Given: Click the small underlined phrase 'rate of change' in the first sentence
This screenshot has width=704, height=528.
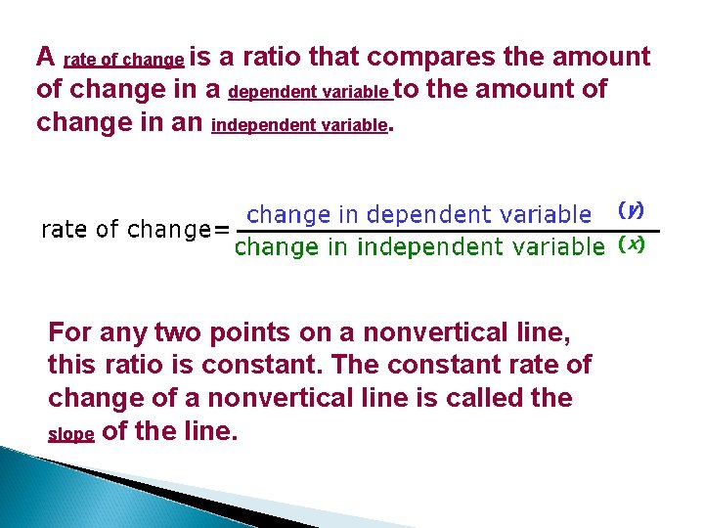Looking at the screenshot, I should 123,61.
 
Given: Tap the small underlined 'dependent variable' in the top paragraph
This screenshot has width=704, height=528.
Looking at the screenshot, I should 309,93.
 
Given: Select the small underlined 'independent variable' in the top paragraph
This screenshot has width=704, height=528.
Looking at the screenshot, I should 299,126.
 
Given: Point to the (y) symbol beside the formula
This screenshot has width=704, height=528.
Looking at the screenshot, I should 631,210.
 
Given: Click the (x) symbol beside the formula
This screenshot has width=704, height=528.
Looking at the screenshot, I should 631,244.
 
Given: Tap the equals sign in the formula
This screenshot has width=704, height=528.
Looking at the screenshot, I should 222,230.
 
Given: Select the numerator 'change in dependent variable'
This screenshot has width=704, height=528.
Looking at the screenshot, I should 418,213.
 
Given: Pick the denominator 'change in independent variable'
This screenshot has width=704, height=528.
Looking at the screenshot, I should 419,247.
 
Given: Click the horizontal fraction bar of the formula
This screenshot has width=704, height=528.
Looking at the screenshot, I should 440,231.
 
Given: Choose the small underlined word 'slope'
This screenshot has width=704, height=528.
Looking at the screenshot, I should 70,435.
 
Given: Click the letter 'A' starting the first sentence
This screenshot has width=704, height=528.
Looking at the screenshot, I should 44,57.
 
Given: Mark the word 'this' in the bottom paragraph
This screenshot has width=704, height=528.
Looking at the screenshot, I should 72,366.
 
